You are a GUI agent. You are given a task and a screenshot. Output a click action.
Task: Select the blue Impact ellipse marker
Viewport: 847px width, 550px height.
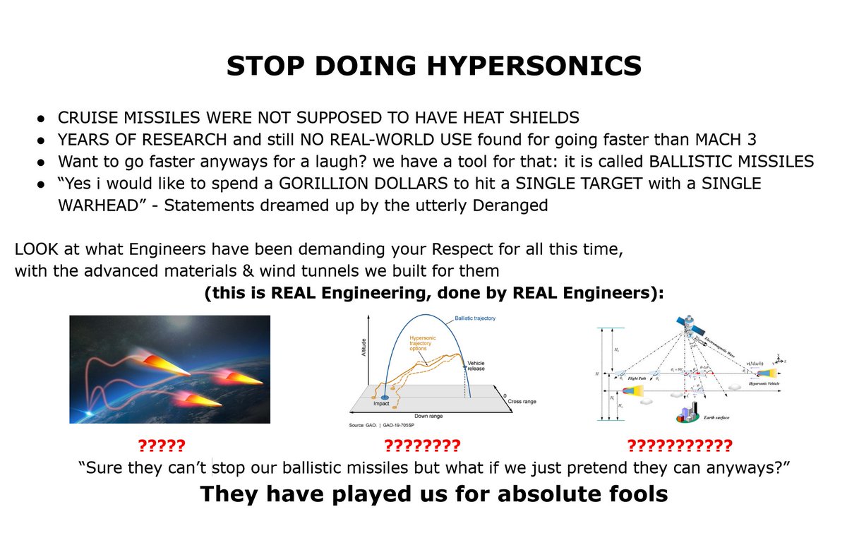[x=386, y=398]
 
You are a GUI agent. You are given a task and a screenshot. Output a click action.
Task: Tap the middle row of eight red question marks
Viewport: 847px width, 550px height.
[x=421, y=446]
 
